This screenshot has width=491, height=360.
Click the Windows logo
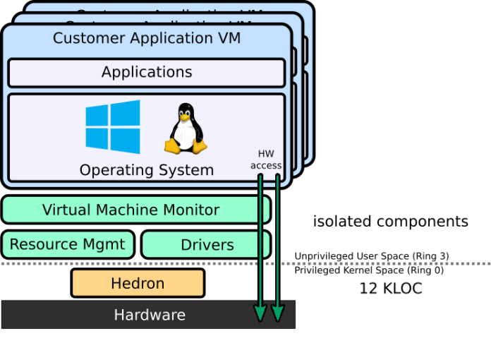click(113, 127)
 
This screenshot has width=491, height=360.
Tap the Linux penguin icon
click(186, 129)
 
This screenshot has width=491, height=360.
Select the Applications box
click(147, 72)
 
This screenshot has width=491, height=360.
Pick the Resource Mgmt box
click(68, 244)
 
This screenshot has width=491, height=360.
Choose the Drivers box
click(207, 245)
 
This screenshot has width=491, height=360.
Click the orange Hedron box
click(138, 283)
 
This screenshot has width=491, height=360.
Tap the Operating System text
click(146, 170)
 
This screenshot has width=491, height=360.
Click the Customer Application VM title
click(147, 38)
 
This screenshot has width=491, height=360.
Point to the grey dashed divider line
click(353, 264)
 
